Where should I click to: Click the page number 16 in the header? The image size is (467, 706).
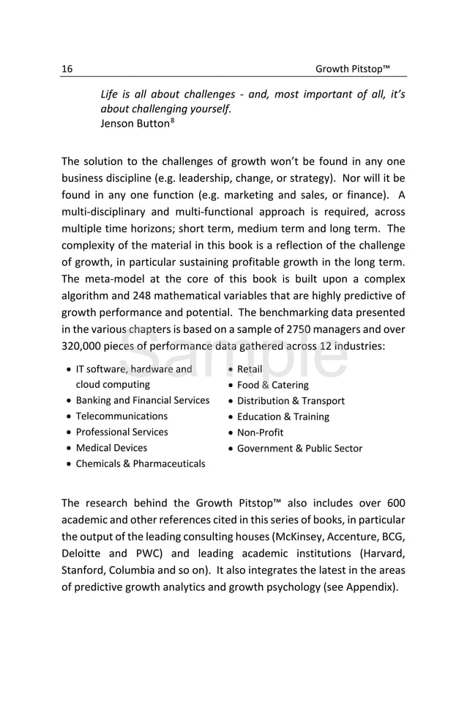point(67,70)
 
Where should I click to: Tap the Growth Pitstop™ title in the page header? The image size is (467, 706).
point(352,70)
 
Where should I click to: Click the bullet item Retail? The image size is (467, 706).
point(250,369)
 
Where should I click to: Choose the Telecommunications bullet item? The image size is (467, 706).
point(122,416)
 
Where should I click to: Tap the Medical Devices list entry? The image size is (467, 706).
point(111,448)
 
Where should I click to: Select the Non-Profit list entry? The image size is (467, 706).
point(260,433)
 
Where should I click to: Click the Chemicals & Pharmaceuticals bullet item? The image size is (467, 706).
point(141,464)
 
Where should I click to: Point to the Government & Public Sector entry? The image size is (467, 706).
point(299,449)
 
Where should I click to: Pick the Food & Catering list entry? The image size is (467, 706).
point(272,385)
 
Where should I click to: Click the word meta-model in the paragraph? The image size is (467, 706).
point(113,279)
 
